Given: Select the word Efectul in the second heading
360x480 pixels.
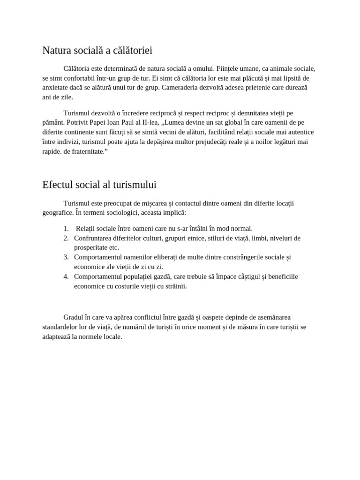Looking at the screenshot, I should point(59,185).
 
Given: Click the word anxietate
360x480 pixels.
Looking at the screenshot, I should point(57,88).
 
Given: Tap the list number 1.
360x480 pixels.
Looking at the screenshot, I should point(66,229).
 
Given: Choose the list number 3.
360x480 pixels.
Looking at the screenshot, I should point(66,257).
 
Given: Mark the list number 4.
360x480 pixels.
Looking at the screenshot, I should point(66,277).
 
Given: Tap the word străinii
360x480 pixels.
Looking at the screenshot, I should point(174,286).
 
